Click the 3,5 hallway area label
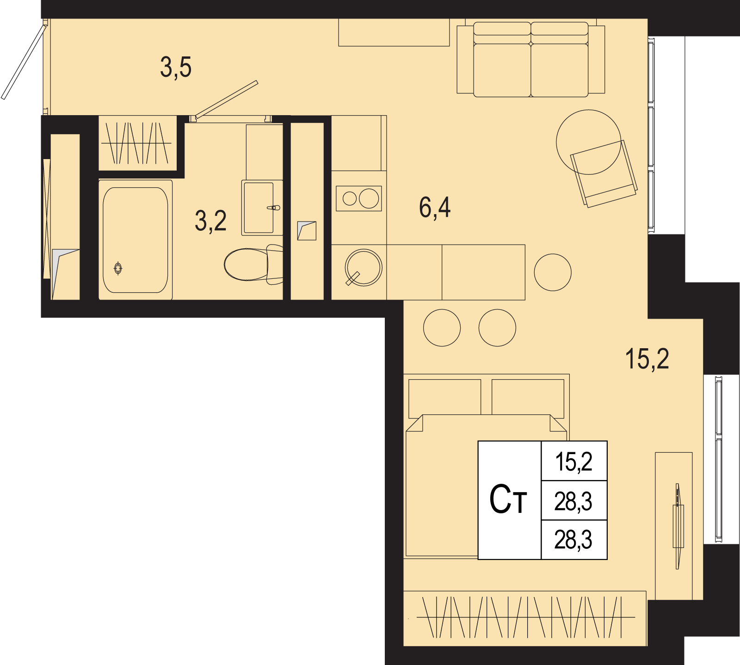pos(176,67)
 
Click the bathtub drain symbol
pos(118,268)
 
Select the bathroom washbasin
pos(262,208)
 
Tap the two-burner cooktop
pos(359,198)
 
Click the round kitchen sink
pos(364,268)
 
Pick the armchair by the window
pos(604,173)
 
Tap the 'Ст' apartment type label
pos(508,500)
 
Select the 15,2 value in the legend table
pos(573,462)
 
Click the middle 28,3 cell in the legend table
pos(573,501)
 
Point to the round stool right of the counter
pos(553,272)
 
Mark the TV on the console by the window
pos(678,526)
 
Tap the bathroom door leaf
pos(226,99)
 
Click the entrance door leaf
pos(24,62)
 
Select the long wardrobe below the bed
pos(525,618)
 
